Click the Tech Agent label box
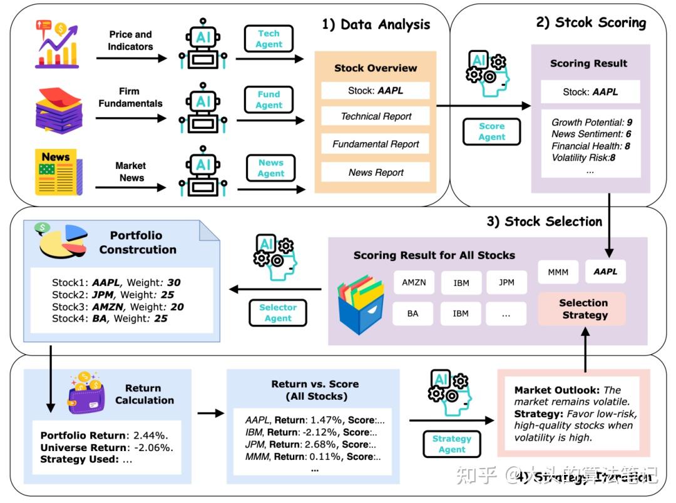coord(269,39)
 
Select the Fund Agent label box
coord(269,100)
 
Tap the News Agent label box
coord(271,168)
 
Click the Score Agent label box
coord(491,131)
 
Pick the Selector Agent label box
coord(278,313)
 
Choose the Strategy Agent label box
coord(452,444)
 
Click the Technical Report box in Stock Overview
coord(376,116)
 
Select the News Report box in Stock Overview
coord(376,173)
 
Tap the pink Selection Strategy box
coord(583,309)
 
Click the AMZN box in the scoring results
coord(414,283)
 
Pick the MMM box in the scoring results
coord(558,272)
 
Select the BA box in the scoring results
coord(412,313)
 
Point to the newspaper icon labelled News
coord(58,171)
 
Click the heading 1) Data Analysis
coord(376,25)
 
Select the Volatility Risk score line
coord(583,158)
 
